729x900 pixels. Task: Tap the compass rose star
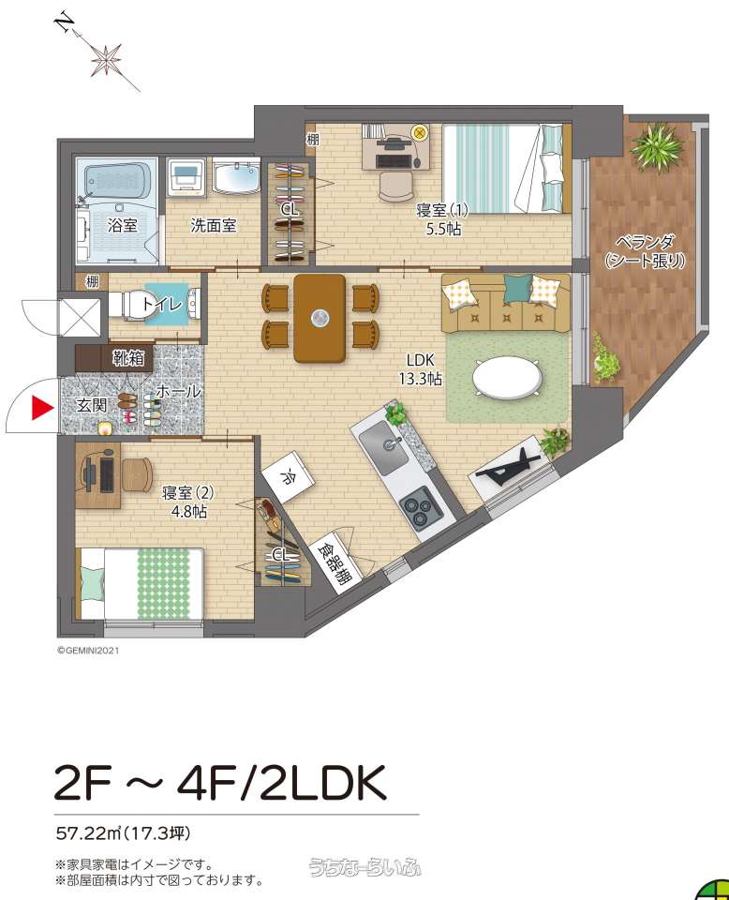coord(106,59)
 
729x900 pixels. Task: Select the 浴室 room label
coord(122,225)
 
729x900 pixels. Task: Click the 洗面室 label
coord(214,225)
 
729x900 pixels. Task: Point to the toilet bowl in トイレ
coord(127,304)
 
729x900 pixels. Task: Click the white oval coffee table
coord(507,377)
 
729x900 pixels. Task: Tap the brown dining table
coord(320,318)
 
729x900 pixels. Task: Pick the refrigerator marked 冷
coord(289,477)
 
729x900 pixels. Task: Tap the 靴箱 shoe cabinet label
coord(128,358)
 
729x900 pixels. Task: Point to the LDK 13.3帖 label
coord(420,369)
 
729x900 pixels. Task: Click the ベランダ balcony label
coord(646,251)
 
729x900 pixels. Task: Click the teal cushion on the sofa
coord(517,288)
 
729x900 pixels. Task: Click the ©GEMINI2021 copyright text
coord(88,651)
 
